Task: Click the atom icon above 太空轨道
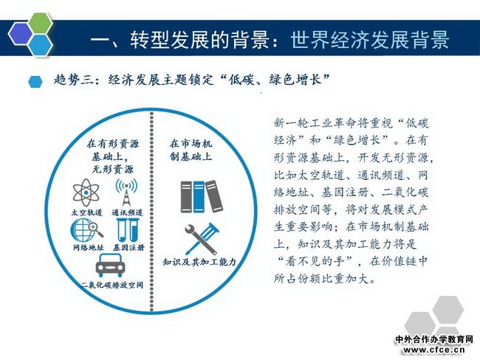click(x=86, y=193)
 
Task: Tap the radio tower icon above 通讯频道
click(x=126, y=193)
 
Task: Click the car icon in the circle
click(x=110, y=266)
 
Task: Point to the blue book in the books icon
click(x=199, y=197)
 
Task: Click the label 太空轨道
click(x=86, y=212)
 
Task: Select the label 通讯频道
click(x=127, y=212)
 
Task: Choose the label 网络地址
click(x=89, y=247)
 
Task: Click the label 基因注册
click(x=128, y=247)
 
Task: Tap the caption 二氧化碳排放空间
click(x=112, y=285)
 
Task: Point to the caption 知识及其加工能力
click(x=199, y=262)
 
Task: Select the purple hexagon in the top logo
click(x=21, y=34)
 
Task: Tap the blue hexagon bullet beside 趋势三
click(x=35, y=82)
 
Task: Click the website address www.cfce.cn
click(x=434, y=350)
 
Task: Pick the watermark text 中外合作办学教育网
click(x=434, y=339)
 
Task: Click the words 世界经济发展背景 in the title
click(x=370, y=40)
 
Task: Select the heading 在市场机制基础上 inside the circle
click(x=191, y=150)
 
